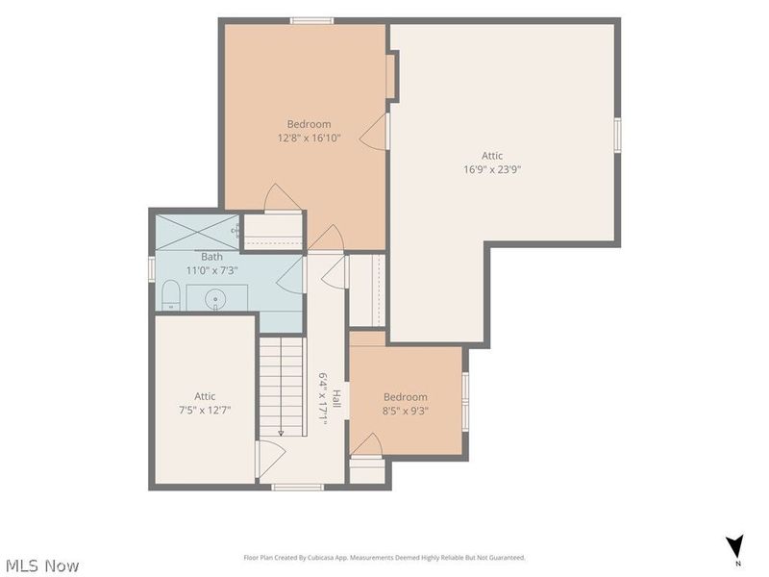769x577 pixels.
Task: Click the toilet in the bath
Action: pyautogui.click(x=171, y=295)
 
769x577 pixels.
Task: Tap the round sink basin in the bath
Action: pyautogui.click(x=215, y=298)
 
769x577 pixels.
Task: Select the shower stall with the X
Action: pyautogui.click(x=197, y=232)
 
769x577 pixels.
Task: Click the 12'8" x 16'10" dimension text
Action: pyautogui.click(x=309, y=138)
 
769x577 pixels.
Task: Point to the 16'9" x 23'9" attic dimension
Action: pyautogui.click(x=492, y=170)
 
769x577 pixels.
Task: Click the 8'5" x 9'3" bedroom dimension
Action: pyautogui.click(x=405, y=411)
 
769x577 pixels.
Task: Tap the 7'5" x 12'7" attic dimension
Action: pyautogui.click(x=205, y=411)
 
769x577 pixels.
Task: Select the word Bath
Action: pyautogui.click(x=211, y=257)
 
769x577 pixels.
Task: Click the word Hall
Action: pyautogui.click(x=336, y=398)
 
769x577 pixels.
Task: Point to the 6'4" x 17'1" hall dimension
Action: pyautogui.click(x=323, y=397)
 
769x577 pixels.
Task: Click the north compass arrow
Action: pyautogui.click(x=735, y=545)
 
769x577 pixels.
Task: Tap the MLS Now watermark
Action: pyautogui.click(x=39, y=565)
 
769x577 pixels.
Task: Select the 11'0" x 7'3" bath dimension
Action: pyautogui.click(x=211, y=270)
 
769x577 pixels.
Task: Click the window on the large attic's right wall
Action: pyautogui.click(x=617, y=135)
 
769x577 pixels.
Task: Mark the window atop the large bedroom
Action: pyautogui.click(x=311, y=20)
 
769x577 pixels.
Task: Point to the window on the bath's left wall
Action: pyautogui.click(x=152, y=269)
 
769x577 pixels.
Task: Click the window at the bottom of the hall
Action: pyautogui.click(x=298, y=488)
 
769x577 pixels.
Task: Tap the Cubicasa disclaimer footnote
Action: pyautogui.click(x=384, y=558)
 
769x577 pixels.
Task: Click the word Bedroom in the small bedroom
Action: pyautogui.click(x=405, y=397)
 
